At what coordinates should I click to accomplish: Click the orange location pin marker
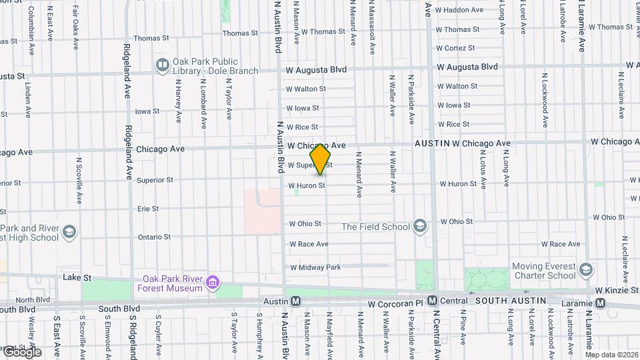(321, 159)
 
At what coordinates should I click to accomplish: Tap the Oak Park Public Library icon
(162, 65)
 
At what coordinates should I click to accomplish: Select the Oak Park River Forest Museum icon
(213, 283)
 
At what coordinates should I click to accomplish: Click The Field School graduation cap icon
(419, 227)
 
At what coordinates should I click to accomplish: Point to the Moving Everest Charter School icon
(586, 270)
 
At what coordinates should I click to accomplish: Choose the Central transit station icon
(432, 301)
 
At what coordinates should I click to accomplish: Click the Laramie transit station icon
(601, 303)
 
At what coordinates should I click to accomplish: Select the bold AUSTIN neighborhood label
(432, 143)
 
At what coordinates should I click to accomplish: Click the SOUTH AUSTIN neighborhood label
(509, 301)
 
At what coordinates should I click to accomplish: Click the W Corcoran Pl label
(396, 303)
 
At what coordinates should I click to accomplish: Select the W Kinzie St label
(617, 291)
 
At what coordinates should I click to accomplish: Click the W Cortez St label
(455, 48)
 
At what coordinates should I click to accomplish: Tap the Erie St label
(147, 209)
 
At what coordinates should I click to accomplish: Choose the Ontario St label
(154, 237)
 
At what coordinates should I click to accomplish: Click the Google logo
(21, 351)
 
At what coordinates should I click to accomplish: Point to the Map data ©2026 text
(611, 355)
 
